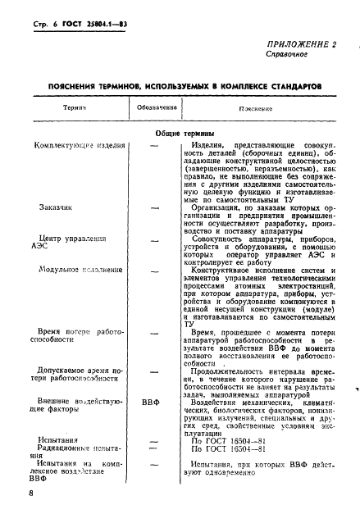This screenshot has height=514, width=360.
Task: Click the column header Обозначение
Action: (154, 108)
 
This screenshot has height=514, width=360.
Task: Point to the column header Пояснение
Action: (256, 108)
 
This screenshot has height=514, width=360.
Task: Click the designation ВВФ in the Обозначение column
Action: (152, 403)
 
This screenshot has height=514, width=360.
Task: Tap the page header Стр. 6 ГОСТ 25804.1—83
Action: (80, 20)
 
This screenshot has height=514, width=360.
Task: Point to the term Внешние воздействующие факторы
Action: (74, 408)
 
